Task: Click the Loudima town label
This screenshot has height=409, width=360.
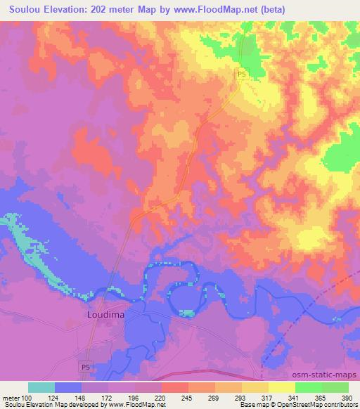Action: point(105,315)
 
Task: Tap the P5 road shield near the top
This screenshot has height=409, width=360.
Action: point(241,74)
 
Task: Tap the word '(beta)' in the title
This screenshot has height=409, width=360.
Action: point(299,8)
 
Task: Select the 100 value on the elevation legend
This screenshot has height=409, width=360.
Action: point(28,397)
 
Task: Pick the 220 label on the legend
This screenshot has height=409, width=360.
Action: point(161,397)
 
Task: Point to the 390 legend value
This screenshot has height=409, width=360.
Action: point(347,397)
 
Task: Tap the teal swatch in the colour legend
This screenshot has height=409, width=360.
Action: point(41,387)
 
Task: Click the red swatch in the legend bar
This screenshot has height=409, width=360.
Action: point(174,387)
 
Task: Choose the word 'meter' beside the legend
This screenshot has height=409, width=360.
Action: point(11,397)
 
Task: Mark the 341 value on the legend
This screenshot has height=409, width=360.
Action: point(294,397)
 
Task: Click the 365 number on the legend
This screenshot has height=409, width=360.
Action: point(321,397)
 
